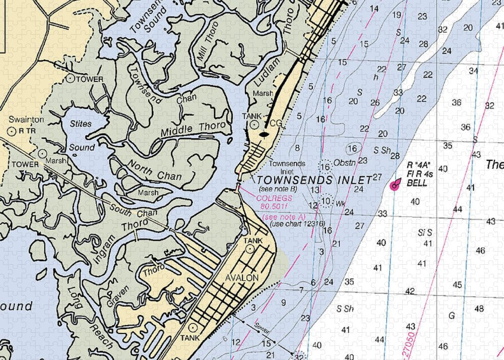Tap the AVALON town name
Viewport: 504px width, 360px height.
(242, 278)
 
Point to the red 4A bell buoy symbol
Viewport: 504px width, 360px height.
(394, 185)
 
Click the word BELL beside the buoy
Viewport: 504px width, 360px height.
(417, 183)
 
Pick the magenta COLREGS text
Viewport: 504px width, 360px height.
(273, 198)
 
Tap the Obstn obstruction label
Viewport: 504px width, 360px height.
(345, 162)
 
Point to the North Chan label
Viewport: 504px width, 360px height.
(148, 168)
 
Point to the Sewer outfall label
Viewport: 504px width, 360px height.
(263, 327)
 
